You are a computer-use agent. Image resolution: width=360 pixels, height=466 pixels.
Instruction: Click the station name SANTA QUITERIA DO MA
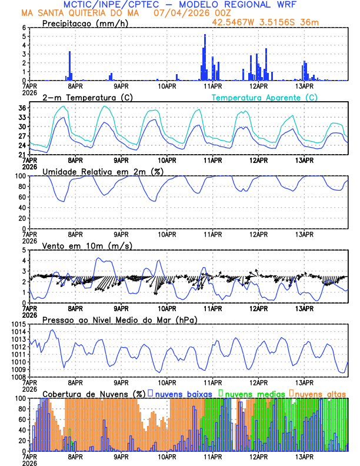pos(88,13)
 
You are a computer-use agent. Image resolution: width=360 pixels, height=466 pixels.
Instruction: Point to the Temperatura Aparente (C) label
pos(264,97)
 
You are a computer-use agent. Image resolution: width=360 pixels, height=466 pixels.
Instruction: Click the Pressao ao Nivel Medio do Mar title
pos(119,319)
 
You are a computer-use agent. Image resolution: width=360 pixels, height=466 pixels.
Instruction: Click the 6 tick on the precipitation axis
pos(24,28)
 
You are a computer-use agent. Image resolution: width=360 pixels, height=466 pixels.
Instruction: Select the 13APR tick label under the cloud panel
pos(304,456)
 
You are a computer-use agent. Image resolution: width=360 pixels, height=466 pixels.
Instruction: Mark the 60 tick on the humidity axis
pos(22,197)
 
